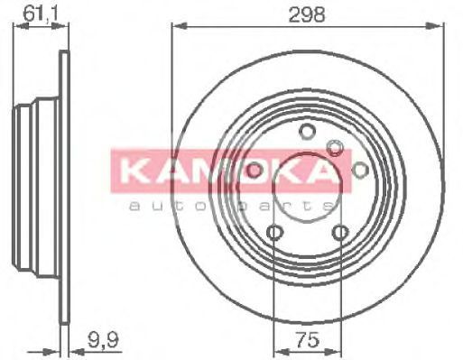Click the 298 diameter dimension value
(x=307, y=14)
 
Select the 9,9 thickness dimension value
(x=104, y=339)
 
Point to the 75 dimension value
(x=307, y=340)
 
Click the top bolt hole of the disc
(x=307, y=132)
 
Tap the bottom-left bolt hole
(x=274, y=232)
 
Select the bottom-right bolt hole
(x=340, y=232)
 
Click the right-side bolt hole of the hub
(x=360, y=170)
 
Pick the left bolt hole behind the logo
(x=255, y=170)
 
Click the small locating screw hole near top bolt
(x=335, y=147)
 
